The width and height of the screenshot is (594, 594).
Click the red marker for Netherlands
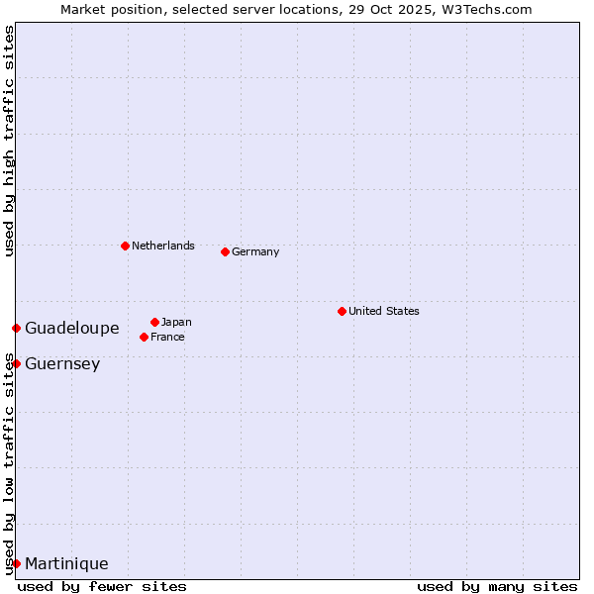click(125, 246)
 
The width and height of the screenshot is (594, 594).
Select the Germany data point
click(225, 251)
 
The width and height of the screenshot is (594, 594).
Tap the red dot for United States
click(342, 311)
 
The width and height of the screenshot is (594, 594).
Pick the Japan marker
click(154, 322)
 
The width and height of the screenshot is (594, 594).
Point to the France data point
click(144, 337)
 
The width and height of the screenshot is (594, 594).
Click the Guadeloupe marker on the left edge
click(16, 328)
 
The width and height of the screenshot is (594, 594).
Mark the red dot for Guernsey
click(16, 363)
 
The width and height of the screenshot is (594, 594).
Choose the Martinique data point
click(16, 563)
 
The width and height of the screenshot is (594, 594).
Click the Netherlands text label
click(163, 246)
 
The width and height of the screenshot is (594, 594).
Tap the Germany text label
click(255, 251)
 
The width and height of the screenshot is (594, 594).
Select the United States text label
click(384, 311)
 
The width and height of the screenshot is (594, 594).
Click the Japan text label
click(176, 322)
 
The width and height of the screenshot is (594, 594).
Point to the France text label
click(167, 337)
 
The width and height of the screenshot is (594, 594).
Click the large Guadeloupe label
click(72, 328)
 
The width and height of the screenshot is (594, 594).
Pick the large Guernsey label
click(62, 363)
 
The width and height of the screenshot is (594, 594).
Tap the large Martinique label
click(66, 563)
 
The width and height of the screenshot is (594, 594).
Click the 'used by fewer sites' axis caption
click(102, 586)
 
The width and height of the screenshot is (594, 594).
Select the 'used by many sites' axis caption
click(497, 586)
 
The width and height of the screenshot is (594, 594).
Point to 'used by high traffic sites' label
click(10, 142)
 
